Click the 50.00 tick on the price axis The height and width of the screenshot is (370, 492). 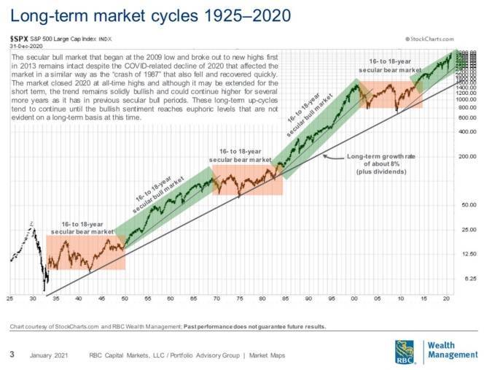click(466, 205)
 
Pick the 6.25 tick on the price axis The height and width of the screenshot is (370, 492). click(468, 279)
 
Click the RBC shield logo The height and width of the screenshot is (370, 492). click(405, 350)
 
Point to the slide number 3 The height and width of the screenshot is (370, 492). click(12, 355)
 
